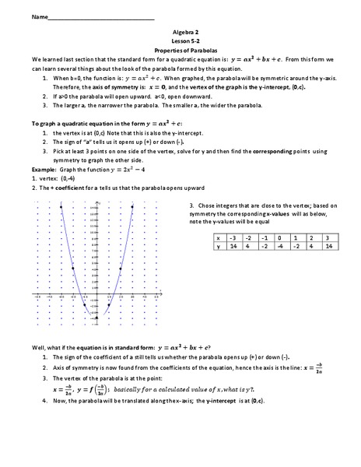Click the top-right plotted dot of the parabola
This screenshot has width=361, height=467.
point(132,205)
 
